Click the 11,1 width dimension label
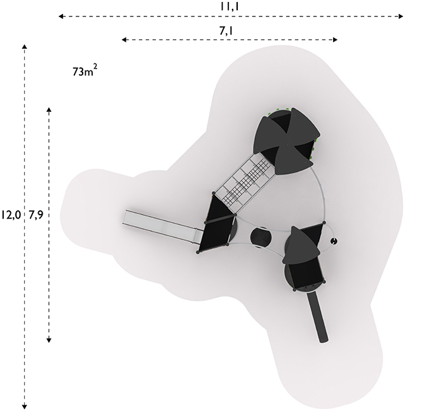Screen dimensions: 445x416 [x=229, y=7]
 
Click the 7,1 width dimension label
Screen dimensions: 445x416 [x=226, y=31]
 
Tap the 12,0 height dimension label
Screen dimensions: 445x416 [x=11, y=215]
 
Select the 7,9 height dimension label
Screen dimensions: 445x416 [x=36, y=215]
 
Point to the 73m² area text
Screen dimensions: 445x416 [x=85, y=70]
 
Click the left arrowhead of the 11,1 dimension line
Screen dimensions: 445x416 [x=60, y=17]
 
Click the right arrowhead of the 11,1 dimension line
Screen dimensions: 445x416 [x=401, y=17]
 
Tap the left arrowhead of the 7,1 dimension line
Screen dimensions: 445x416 [x=124, y=40]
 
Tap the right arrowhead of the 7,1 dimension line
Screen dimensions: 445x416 [x=335, y=40]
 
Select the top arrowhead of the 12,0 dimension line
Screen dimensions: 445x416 [x=25, y=46]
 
